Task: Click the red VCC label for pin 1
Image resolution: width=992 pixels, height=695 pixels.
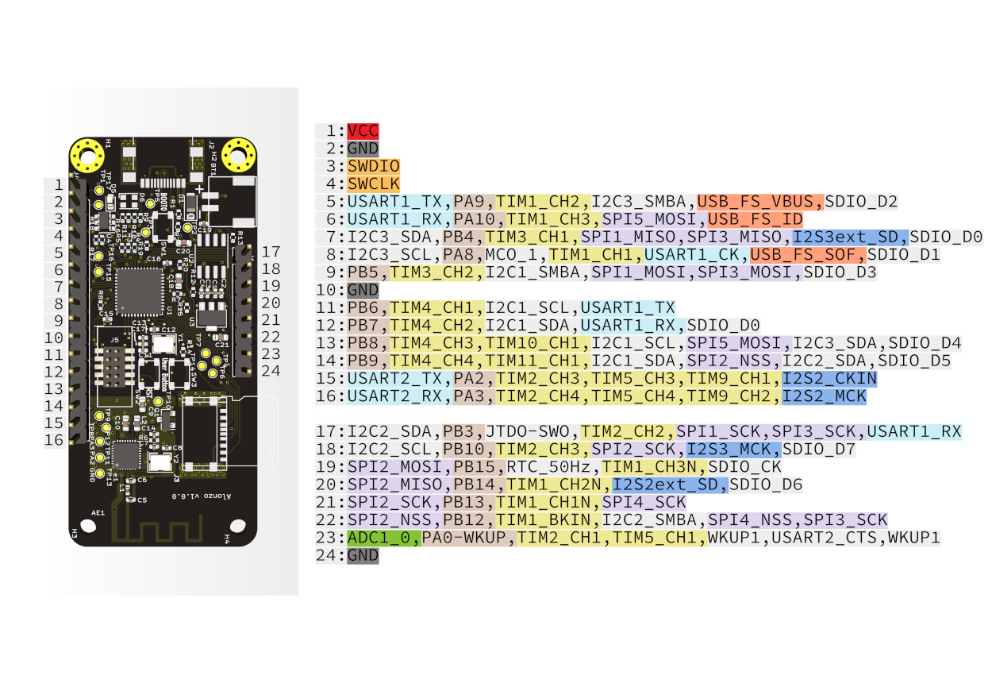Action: coord(363,131)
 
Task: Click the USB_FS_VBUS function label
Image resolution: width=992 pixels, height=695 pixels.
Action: coord(760,202)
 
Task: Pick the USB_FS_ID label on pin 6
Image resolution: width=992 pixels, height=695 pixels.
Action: coord(755,219)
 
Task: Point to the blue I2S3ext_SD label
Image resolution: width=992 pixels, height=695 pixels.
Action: coord(850,237)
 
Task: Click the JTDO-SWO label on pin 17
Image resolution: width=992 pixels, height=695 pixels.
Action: coord(533,432)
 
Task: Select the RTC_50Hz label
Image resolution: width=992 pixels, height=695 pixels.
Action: coord(553,467)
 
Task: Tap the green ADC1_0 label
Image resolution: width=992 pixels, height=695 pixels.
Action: coord(383,538)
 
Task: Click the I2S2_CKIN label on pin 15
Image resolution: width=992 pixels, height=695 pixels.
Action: coord(829,378)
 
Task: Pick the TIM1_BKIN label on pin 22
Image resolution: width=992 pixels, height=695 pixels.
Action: coord(548,520)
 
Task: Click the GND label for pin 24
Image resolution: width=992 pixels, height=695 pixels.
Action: coord(363,555)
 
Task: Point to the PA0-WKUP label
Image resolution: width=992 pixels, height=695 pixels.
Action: coord(469,538)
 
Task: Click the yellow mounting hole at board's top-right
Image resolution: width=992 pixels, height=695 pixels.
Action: coord(236,154)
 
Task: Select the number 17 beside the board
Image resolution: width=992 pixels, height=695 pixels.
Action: coord(271,252)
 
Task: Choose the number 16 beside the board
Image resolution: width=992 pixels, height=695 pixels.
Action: coord(54,440)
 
